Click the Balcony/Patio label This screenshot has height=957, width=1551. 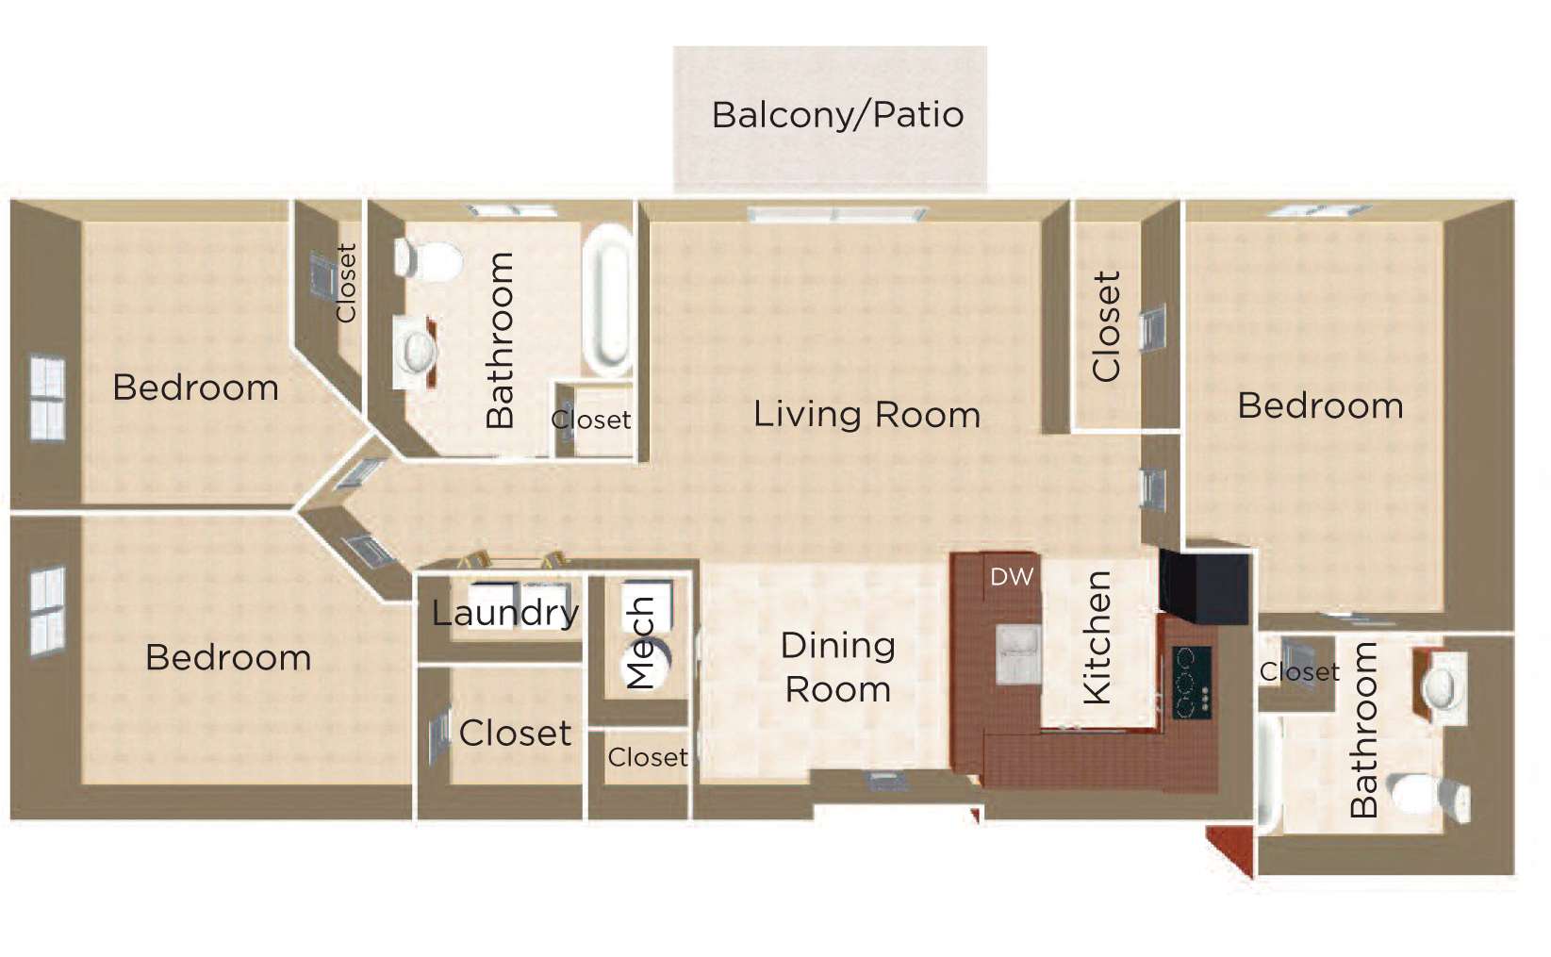(x=838, y=116)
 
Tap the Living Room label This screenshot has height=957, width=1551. (x=866, y=415)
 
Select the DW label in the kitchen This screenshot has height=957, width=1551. (x=1012, y=577)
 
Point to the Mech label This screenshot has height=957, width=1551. (x=640, y=643)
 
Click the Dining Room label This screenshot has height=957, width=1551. (x=838, y=668)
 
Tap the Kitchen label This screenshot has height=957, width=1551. (x=1097, y=637)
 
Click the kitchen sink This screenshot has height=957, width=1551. (x=1018, y=653)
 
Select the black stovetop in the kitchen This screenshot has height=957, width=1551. (x=1192, y=682)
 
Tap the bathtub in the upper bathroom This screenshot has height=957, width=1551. (x=607, y=301)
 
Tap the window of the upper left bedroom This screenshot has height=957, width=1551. (x=48, y=398)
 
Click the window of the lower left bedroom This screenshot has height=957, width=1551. (x=48, y=610)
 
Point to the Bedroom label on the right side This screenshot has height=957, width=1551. (x=1320, y=405)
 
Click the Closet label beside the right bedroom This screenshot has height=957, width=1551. (x=1106, y=326)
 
